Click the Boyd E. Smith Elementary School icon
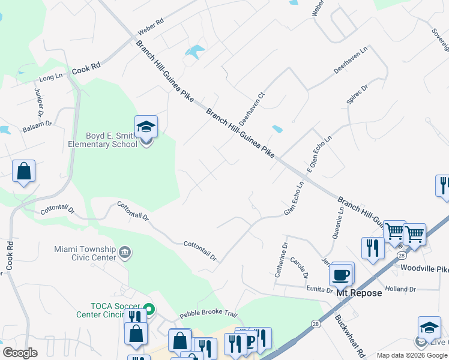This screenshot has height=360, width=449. (x=146, y=127)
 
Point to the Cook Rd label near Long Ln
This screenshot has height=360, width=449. (x=86, y=70)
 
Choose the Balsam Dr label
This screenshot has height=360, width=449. (x=37, y=128)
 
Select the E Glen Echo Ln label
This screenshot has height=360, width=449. (x=319, y=154)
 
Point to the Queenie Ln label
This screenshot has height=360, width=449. (x=340, y=223)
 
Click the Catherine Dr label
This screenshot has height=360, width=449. (x=281, y=259)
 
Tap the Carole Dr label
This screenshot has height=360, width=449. (x=298, y=268)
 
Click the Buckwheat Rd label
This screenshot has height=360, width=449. (x=346, y=332)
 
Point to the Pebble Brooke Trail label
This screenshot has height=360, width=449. (x=209, y=315)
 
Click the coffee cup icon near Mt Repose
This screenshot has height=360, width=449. (x=341, y=274)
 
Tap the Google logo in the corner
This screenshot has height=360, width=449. (x=20, y=353)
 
